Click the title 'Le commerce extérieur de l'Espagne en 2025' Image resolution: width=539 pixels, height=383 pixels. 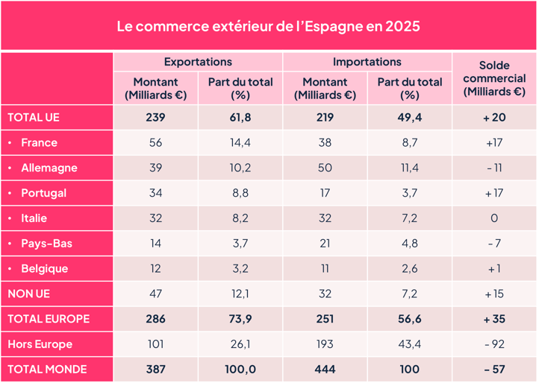pos(269,26)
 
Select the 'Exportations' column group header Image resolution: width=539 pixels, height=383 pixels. pos(198,62)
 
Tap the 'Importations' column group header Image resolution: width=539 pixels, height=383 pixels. pos(367,62)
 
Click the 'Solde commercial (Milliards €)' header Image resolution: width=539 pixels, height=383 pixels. pos(493,78)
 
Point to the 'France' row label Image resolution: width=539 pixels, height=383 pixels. pos(39,142)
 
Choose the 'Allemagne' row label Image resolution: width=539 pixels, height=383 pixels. pos(49,168)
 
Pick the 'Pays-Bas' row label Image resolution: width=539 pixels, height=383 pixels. pos(46,244)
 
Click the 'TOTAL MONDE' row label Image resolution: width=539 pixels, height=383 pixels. pos(47,370)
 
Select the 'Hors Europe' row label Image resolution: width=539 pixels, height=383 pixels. pos(40,344)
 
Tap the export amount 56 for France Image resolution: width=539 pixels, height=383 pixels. pos(155,142)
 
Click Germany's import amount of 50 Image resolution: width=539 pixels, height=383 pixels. pos(325,168)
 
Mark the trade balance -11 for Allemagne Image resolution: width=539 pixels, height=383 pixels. pos(493,168)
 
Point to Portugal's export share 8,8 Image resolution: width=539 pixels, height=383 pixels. pos(240,193)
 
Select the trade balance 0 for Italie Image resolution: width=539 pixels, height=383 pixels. pos(493,218)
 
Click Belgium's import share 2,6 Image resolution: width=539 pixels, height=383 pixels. pos(409,269)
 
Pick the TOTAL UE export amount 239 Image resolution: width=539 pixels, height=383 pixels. pos(155,118)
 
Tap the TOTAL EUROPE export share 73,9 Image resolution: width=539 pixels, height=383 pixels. pos(240,319)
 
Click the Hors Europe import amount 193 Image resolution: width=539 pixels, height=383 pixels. pos(325,344)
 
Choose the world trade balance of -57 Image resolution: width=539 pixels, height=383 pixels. pos(493,370)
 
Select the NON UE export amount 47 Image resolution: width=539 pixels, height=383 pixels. pos(155,294)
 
